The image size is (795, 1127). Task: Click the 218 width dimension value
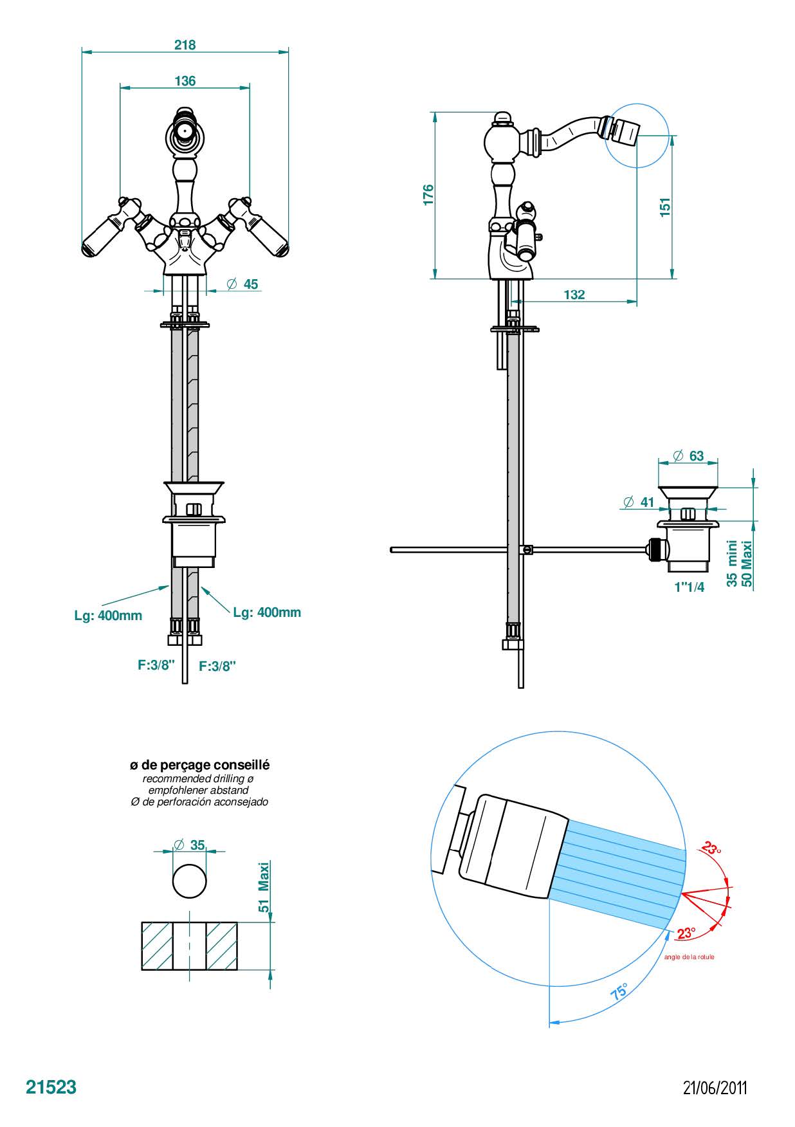(x=185, y=45)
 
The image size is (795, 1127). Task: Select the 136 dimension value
(x=185, y=81)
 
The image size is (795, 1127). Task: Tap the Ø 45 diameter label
(x=242, y=284)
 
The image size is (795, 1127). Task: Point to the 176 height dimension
(x=428, y=195)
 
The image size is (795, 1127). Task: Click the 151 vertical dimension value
(x=665, y=206)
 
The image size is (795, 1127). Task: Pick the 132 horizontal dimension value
(x=574, y=295)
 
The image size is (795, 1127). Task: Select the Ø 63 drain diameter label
(x=688, y=456)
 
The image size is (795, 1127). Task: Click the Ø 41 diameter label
(x=639, y=502)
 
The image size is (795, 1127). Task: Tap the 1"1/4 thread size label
(x=689, y=587)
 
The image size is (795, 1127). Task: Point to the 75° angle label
(x=620, y=991)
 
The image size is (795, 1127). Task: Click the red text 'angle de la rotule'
(x=690, y=957)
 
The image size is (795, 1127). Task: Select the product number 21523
(x=51, y=1086)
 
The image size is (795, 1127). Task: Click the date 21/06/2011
(x=715, y=1088)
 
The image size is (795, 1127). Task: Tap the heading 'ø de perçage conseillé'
(x=199, y=765)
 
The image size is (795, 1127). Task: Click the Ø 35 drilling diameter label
(x=190, y=845)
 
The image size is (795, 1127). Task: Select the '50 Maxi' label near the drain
(x=747, y=564)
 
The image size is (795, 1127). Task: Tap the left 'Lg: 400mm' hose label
(x=108, y=616)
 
